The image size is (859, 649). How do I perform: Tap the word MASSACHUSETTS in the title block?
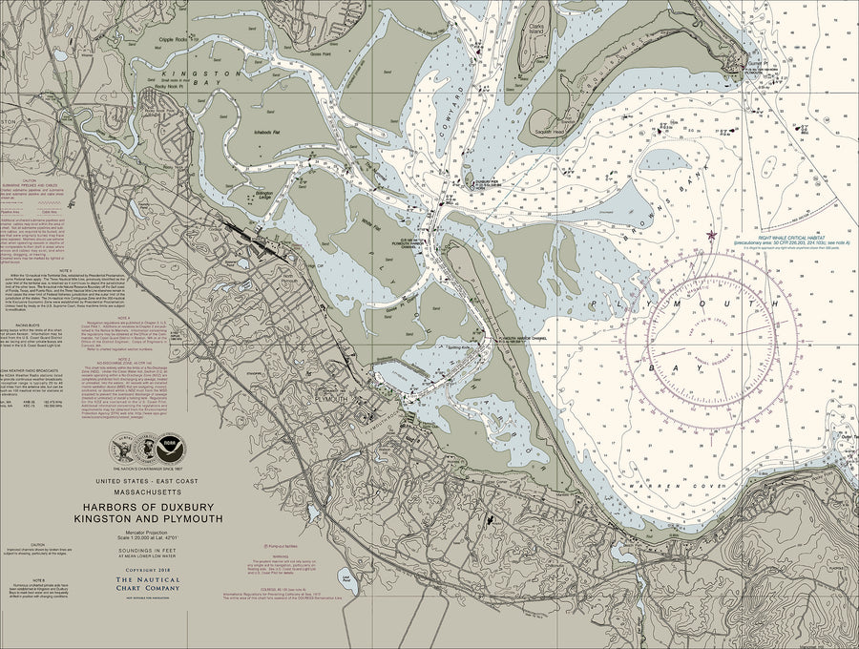[x=147, y=494]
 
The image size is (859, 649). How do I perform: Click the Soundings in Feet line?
[x=147, y=550]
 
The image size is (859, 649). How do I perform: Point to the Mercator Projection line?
[x=147, y=532]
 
